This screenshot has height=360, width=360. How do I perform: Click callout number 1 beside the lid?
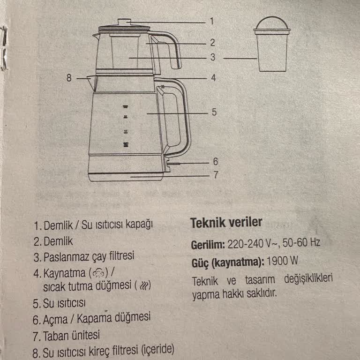pos(211,22)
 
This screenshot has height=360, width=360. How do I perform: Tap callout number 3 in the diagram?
pos(212,58)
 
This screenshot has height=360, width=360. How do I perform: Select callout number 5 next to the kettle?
pos(213,112)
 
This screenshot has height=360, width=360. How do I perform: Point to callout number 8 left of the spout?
pos(69,78)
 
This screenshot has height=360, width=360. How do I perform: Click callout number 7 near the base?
pos(215,176)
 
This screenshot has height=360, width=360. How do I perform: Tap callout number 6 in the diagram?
pos(215,162)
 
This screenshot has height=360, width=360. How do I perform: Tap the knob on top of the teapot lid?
pos(124,22)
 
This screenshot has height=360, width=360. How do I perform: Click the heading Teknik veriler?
pos(226,223)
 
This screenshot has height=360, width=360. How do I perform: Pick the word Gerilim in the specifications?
pos(208,244)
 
